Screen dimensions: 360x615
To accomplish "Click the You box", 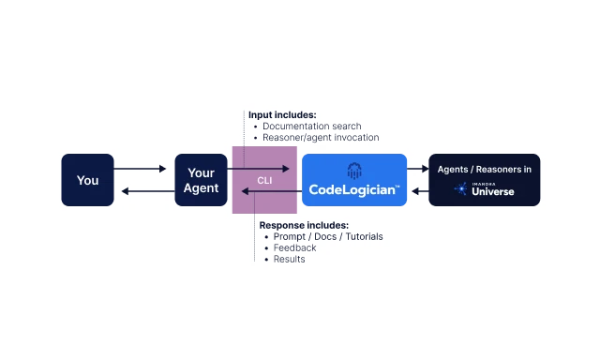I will (x=87, y=180).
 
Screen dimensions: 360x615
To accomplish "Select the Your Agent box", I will (x=202, y=180).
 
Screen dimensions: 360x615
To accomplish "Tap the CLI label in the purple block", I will (x=265, y=180).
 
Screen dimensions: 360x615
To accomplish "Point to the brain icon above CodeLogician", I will (x=354, y=170).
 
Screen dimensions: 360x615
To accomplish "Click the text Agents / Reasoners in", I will (x=485, y=170).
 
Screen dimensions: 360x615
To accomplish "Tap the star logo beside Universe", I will (x=461, y=189).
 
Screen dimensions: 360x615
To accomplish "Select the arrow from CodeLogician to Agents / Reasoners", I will (x=418, y=170).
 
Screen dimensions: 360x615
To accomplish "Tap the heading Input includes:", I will (x=281, y=114).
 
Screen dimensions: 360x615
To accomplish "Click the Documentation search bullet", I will (x=312, y=126).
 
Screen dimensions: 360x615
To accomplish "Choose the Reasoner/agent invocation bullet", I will (x=321, y=137).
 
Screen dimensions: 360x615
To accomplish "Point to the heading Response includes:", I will (x=304, y=226).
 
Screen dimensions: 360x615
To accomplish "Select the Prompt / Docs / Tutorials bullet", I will (x=328, y=237).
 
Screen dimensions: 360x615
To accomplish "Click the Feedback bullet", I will (x=295, y=248).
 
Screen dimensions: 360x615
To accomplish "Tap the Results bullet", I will (x=290, y=260).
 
